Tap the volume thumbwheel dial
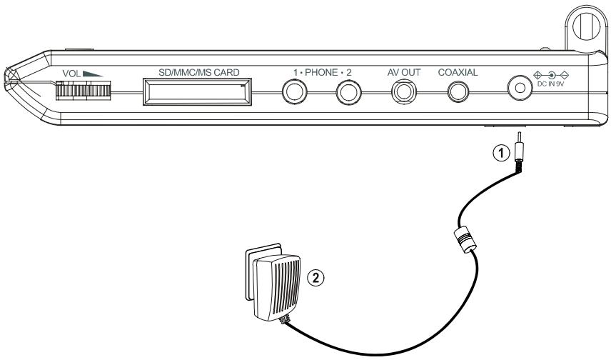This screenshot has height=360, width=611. pos(83,91)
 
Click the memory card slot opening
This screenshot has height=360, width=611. pos(198,92)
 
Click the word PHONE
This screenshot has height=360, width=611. pos(320,72)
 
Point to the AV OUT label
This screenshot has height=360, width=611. pos(404,72)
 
